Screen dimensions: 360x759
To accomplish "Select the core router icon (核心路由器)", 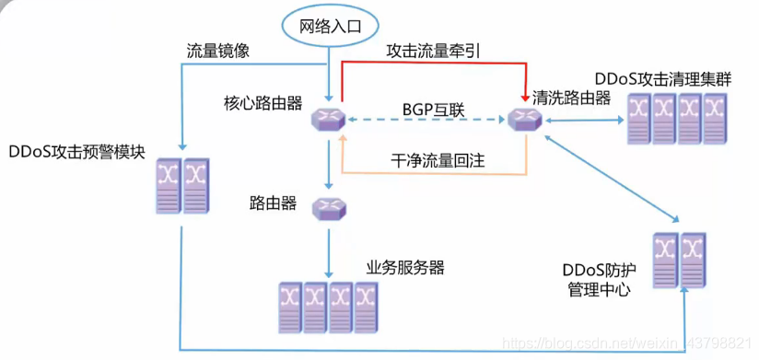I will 327,119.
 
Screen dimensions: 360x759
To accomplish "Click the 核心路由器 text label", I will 263,101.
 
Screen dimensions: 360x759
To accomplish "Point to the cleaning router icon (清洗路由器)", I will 524,119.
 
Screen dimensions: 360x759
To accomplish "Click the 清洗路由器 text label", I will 571,99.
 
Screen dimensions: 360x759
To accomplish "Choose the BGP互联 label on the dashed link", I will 433,110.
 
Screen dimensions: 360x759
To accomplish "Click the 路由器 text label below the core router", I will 273,203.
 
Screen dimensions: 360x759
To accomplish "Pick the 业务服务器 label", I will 405,268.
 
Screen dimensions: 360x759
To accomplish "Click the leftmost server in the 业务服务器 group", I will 290,306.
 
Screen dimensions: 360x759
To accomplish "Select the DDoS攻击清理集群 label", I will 663,78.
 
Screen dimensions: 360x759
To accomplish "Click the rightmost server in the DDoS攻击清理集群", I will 715,118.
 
